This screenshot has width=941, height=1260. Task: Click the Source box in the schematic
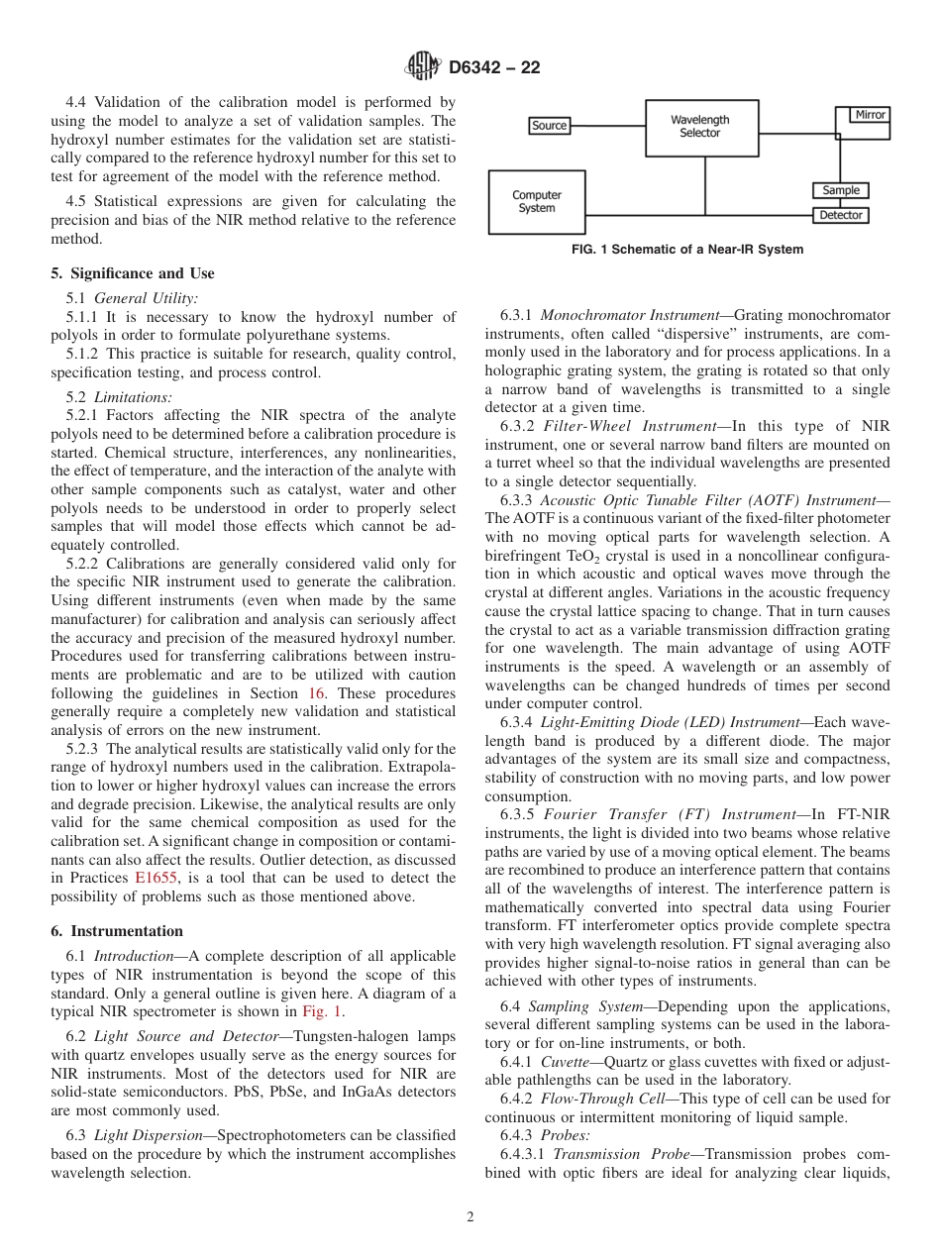[x=550, y=126]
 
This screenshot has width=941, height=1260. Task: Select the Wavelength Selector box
[x=701, y=127]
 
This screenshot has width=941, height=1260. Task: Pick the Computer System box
[x=537, y=201]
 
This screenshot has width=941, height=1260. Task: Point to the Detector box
[x=841, y=215]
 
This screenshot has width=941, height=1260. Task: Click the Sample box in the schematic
[x=841, y=190]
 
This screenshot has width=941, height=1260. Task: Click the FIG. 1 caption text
[x=687, y=250]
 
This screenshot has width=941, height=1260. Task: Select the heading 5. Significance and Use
[x=133, y=273]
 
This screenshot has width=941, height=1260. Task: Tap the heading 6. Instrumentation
[x=117, y=931]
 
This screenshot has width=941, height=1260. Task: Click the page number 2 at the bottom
[x=470, y=1217]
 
